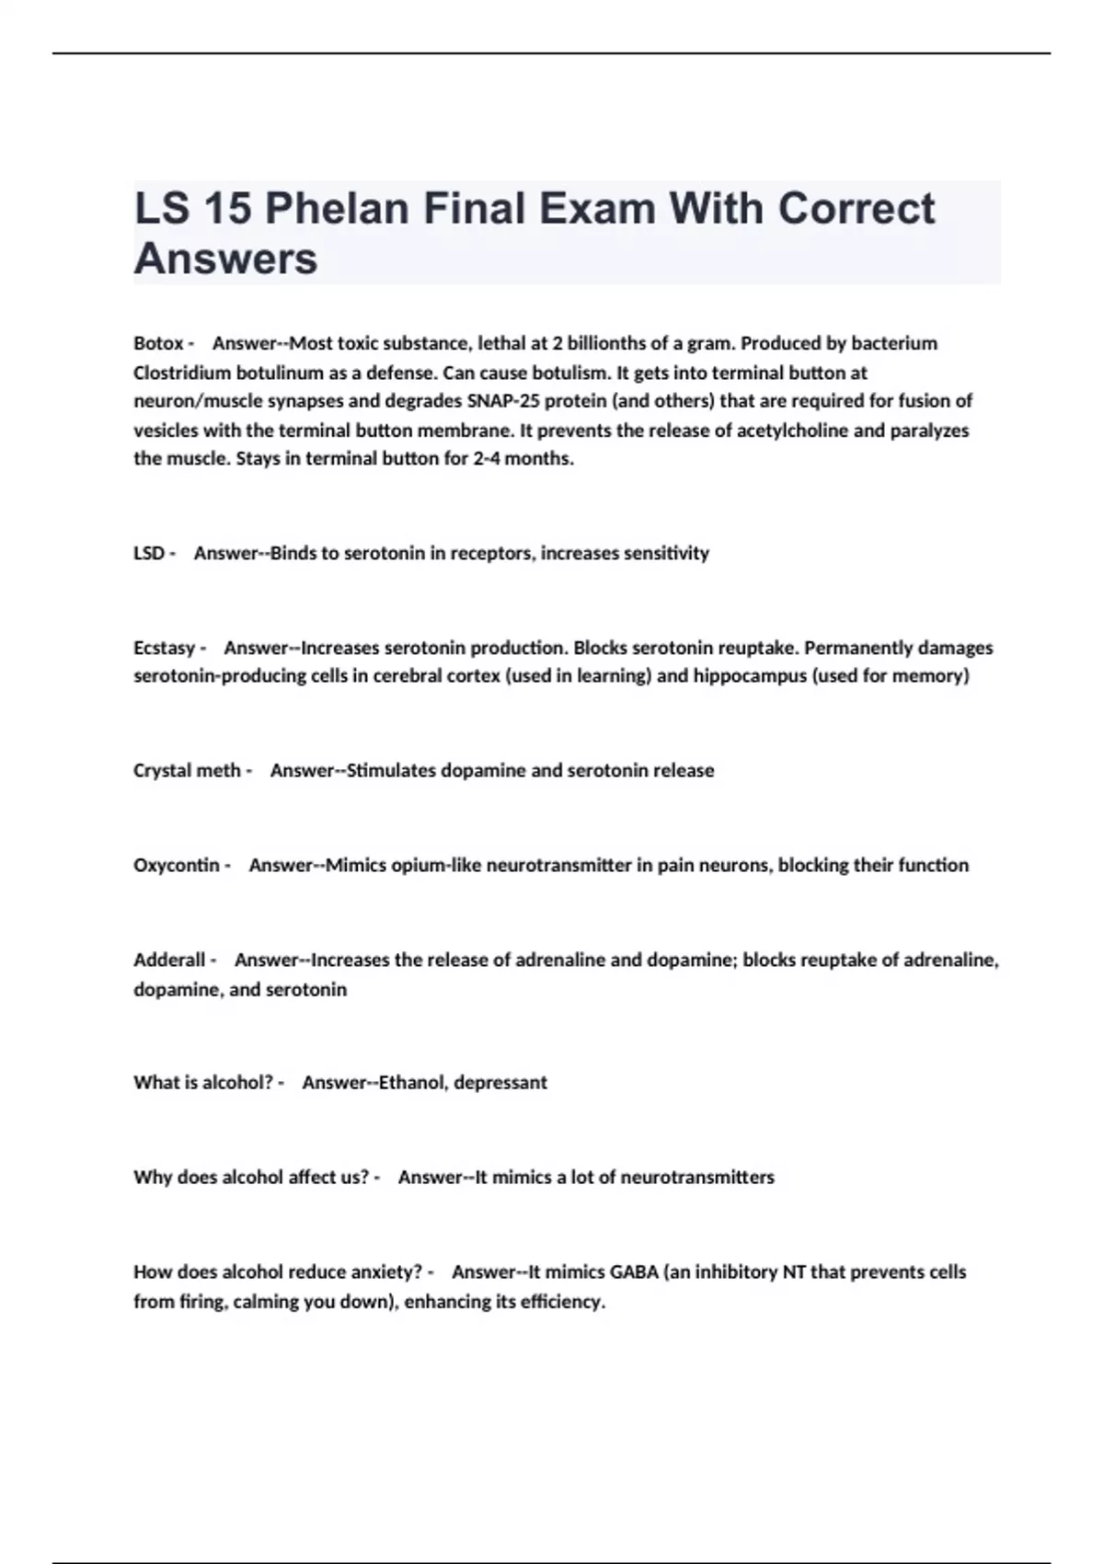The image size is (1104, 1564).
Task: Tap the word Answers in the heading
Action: click(x=225, y=259)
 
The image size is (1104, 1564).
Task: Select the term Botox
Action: click(x=158, y=343)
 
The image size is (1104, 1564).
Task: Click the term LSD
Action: click(x=149, y=553)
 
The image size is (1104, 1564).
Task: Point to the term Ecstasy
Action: click(x=165, y=648)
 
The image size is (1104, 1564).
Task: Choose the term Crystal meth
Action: click(x=187, y=770)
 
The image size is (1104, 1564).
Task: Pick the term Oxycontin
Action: click(x=177, y=865)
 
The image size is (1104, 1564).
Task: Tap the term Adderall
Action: click(x=169, y=960)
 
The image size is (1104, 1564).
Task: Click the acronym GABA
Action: click(x=634, y=1271)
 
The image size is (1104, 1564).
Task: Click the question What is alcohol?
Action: click(x=203, y=1082)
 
